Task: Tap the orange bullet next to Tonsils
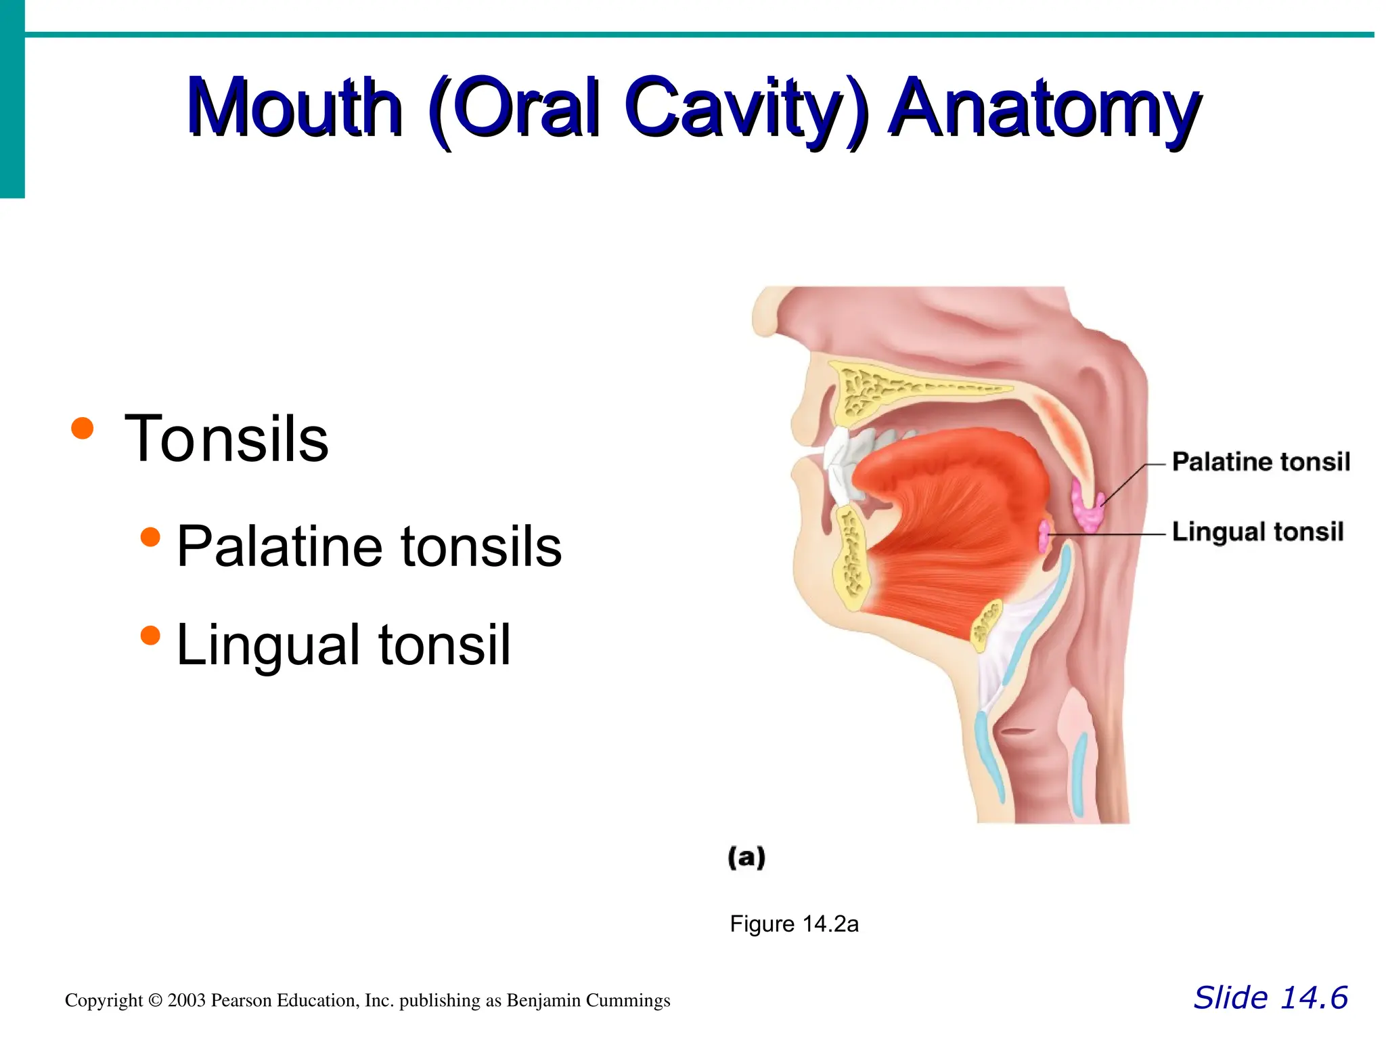coord(82,428)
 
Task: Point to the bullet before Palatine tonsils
coord(150,537)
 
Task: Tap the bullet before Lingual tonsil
coord(150,635)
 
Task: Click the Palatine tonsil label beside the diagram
coord(1260,462)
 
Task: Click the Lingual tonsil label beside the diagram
coord(1257,532)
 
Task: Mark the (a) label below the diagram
coord(746,857)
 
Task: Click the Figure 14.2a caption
coord(793,924)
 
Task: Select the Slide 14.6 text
coord(1270,997)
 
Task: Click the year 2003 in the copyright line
coord(185,1001)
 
